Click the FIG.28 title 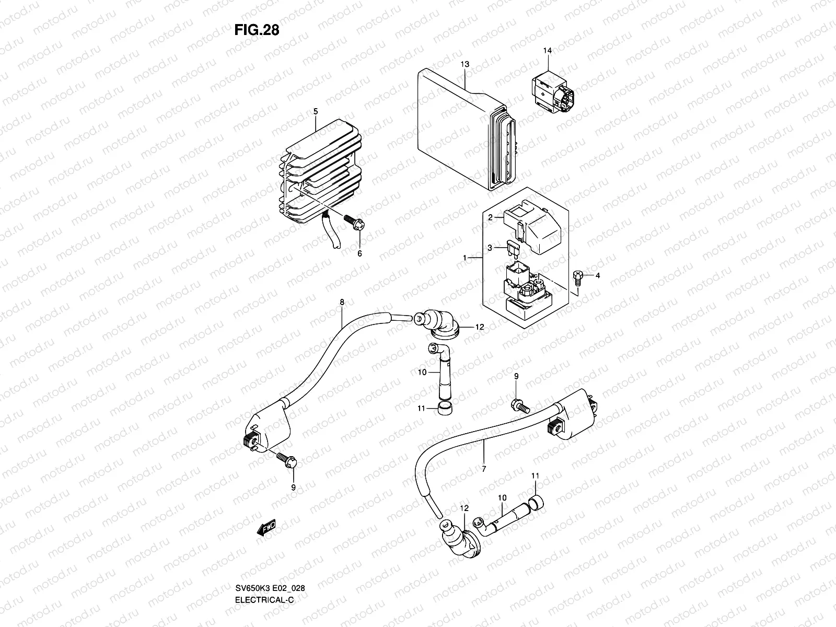[x=257, y=30]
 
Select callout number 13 [x=465, y=64]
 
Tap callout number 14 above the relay [x=547, y=51]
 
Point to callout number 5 [x=315, y=111]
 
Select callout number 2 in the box [x=491, y=217]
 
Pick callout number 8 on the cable [x=342, y=302]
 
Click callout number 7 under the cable [x=484, y=469]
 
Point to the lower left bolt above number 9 [x=286, y=459]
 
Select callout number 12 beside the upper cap [x=479, y=327]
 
